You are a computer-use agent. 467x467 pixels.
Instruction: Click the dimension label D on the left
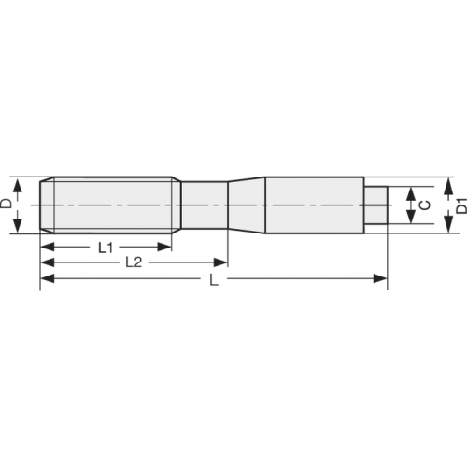pos(7,203)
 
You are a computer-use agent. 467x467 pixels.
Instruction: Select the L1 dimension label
pos(106,248)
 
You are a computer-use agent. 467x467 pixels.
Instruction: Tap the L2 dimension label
pos(134,262)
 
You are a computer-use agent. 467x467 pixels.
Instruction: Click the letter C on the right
pos(426,205)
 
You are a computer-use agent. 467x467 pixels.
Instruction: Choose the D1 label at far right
pos(460,205)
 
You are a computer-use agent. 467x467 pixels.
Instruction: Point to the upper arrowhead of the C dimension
pos(409,192)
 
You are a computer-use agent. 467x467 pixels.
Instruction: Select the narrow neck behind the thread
pos(204,204)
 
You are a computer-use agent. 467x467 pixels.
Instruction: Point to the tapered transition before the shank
pos(247,204)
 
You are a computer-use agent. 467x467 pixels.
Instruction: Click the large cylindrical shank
pos(314,204)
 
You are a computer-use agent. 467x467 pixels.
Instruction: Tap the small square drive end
pos(375,205)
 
